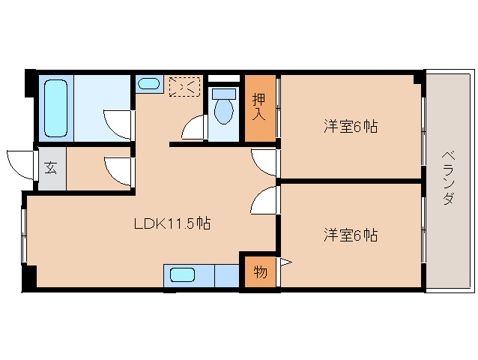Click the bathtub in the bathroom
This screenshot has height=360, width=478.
pos(55,108)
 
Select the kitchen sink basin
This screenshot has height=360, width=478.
pos(182,275)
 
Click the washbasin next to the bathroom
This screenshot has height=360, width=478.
pos(148,83)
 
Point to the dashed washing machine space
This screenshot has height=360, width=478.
pos(185,87)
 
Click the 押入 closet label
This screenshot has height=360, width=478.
pos(258,106)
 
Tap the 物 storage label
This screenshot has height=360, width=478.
pos(260,271)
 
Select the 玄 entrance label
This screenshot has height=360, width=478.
pos(51,167)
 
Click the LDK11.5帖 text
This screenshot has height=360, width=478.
pos(172,223)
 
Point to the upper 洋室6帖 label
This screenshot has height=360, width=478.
pos(351,126)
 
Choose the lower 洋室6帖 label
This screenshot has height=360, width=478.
pos(351,235)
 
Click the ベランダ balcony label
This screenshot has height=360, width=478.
pos(449,178)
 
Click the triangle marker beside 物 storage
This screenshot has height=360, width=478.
pos(286,262)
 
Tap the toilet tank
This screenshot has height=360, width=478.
pos(224,94)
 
